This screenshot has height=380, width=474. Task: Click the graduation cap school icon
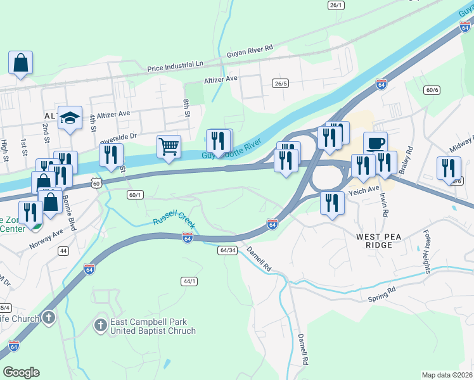[x=70, y=118]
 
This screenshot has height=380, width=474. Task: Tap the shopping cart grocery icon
[x=169, y=147]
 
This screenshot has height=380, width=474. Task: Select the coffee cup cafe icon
[x=375, y=143]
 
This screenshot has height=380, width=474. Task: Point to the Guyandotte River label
[x=232, y=149]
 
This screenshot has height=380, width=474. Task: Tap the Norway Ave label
[x=46, y=237]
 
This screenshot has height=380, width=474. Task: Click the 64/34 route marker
[x=226, y=250]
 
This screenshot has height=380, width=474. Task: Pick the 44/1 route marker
[x=189, y=281]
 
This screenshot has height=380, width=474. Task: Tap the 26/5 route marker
[x=280, y=84]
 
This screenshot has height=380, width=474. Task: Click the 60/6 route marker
[x=432, y=90]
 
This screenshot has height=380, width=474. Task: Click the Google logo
[x=21, y=372]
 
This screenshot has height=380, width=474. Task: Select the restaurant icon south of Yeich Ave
[x=332, y=203]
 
